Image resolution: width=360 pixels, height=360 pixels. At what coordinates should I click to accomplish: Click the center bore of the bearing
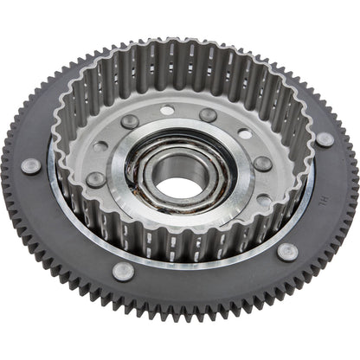click(x=179, y=186)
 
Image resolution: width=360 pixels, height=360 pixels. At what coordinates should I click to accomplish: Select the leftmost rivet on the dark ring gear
click(x=31, y=165)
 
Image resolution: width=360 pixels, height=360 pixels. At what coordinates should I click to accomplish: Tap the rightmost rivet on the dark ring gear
click(x=324, y=138)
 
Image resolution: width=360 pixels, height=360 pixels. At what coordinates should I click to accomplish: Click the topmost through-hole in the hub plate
click(x=167, y=111)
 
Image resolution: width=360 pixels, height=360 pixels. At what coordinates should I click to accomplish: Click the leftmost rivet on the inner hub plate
click(x=96, y=179)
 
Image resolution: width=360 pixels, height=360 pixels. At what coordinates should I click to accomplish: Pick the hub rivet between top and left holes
click(x=129, y=122)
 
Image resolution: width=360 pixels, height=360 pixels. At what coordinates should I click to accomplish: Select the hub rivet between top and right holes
click(x=208, y=114)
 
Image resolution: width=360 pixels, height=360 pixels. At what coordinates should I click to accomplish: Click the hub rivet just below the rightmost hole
click(x=260, y=163)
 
